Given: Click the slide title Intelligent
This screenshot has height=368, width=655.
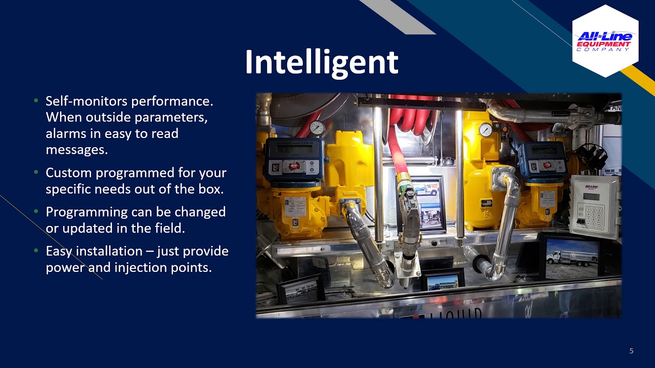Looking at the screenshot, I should [321, 62].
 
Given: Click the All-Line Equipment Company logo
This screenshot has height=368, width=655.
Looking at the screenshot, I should [605, 41].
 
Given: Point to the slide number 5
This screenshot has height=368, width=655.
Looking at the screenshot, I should [631, 351].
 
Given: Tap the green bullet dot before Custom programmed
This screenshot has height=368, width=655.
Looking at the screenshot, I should [36, 173].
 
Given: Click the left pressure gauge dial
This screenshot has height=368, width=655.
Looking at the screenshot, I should [317, 128].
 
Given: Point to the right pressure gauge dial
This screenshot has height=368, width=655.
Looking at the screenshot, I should [485, 130].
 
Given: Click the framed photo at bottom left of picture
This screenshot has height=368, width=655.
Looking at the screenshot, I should [300, 290].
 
